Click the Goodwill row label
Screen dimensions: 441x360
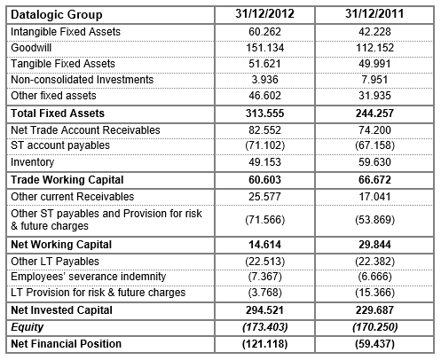[x=32, y=48]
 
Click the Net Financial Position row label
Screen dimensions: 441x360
[x=66, y=343]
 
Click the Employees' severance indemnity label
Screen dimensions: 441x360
[x=78, y=278]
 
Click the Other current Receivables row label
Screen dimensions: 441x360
[x=71, y=196]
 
